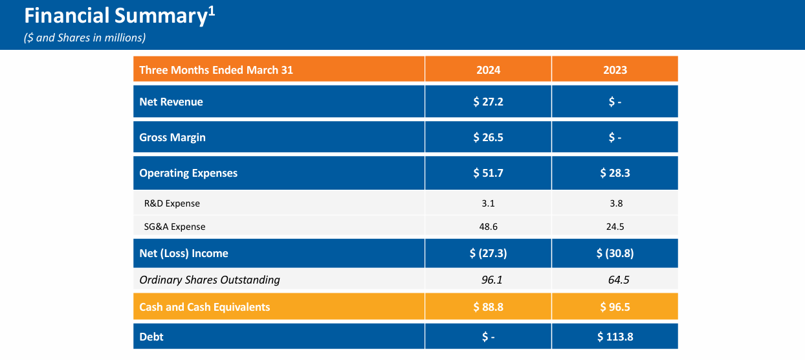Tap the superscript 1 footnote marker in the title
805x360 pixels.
pyautogui.click(x=211, y=10)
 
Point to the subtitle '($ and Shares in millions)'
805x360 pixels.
pyautogui.click(x=84, y=38)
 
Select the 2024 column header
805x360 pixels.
pyautogui.click(x=488, y=70)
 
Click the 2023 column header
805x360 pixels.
pyautogui.click(x=615, y=70)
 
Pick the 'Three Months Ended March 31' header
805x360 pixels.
pyautogui.click(x=216, y=70)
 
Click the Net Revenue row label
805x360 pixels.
pyautogui.click(x=171, y=102)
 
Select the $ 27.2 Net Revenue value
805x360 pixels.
pyautogui.click(x=488, y=102)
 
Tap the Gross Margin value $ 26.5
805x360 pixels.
pyautogui.click(x=488, y=137)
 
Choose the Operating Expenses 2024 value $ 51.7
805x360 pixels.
pyautogui.click(x=488, y=173)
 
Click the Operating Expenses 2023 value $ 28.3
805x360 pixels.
pyautogui.click(x=615, y=173)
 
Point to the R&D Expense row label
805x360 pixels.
pyautogui.click(x=172, y=203)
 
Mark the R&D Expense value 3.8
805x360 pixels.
pyautogui.click(x=615, y=203)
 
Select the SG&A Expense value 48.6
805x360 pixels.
pyautogui.click(x=488, y=227)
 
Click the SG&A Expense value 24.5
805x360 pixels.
pyautogui.click(x=615, y=227)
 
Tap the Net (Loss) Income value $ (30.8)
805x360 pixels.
pyautogui.click(x=615, y=253)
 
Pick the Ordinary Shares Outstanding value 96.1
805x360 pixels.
pyautogui.click(x=488, y=280)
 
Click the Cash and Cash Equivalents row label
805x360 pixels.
pyautogui.click(x=204, y=307)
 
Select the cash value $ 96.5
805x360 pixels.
pyautogui.click(x=615, y=307)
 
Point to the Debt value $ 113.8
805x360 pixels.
pyautogui.click(x=615, y=337)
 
